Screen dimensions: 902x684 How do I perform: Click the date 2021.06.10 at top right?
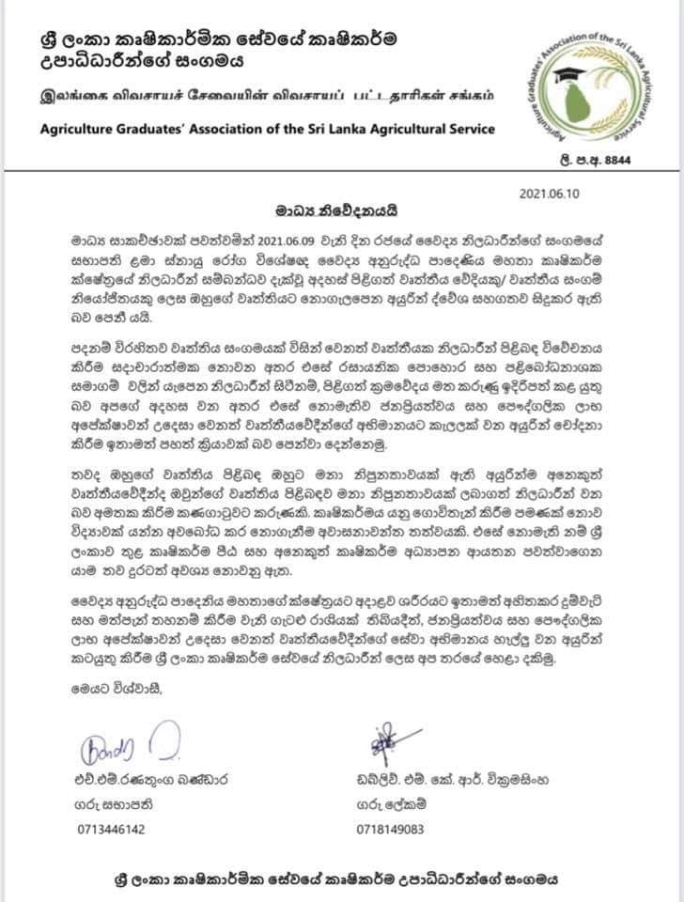click(551, 193)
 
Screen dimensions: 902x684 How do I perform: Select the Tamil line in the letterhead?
click(253, 97)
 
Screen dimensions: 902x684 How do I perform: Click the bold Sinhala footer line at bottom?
click(341, 880)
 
